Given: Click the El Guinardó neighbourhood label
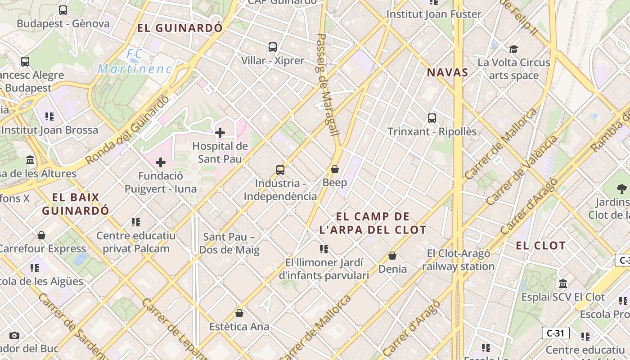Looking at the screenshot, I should [x=180, y=28].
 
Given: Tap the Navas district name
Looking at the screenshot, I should [x=447, y=72].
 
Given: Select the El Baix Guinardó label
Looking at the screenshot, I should [x=76, y=204].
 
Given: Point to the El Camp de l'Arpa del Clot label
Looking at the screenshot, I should [x=373, y=223].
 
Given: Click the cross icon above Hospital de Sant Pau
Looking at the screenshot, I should [x=220, y=132].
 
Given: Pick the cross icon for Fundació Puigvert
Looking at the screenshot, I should [x=161, y=162].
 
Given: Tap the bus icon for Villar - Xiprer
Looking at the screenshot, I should [x=272, y=47].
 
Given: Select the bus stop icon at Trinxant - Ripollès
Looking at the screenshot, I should [x=432, y=118].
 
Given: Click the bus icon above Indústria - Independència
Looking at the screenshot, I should [x=280, y=170].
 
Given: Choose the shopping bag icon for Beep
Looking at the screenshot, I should [x=335, y=169].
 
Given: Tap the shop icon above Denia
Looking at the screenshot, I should [x=392, y=256].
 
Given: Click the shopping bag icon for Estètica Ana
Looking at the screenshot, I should [x=239, y=313].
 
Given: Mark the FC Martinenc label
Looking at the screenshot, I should [x=135, y=62].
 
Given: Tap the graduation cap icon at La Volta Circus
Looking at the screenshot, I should [x=513, y=49].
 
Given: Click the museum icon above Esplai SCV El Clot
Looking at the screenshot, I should [x=563, y=284].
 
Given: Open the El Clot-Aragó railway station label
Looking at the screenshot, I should [x=458, y=260].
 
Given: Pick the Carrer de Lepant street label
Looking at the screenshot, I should [x=174, y=328].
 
